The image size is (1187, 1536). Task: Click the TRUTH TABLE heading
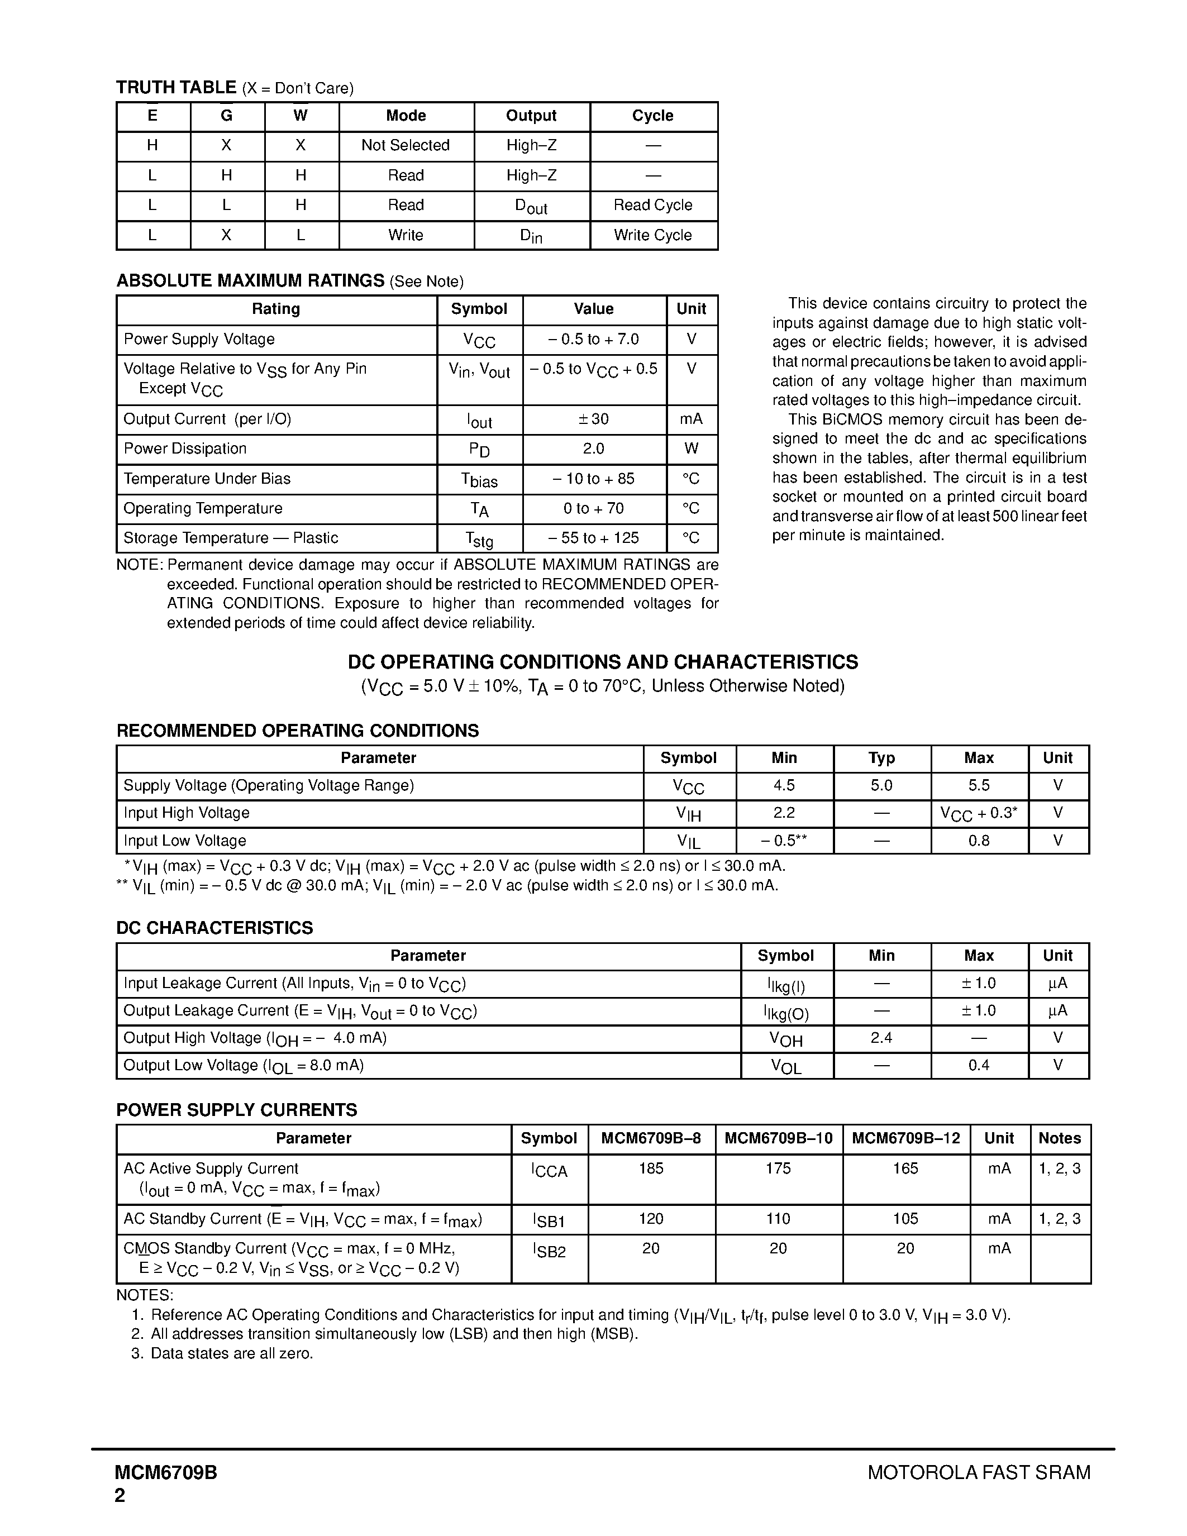pyautogui.click(x=176, y=87)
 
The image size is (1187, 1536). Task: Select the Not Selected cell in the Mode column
pyautogui.click(x=405, y=146)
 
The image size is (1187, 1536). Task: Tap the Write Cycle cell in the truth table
pyautogui.click(x=652, y=235)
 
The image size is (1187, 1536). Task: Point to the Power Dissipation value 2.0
pyautogui.click(x=593, y=449)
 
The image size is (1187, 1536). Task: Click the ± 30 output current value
pyautogui.click(x=593, y=419)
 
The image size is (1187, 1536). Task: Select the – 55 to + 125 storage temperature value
pyautogui.click(x=593, y=538)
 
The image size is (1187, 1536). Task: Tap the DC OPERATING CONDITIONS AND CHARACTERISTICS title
pyautogui.click(x=603, y=662)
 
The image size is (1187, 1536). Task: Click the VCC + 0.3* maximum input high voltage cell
pyautogui.click(x=978, y=814)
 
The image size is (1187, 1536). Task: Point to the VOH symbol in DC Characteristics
pyautogui.click(x=785, y=1039)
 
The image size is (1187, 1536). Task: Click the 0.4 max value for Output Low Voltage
pyautogui.click(x=978, y=1066)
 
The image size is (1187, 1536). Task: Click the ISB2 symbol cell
pyautogui.click(x=549, y=1250)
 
